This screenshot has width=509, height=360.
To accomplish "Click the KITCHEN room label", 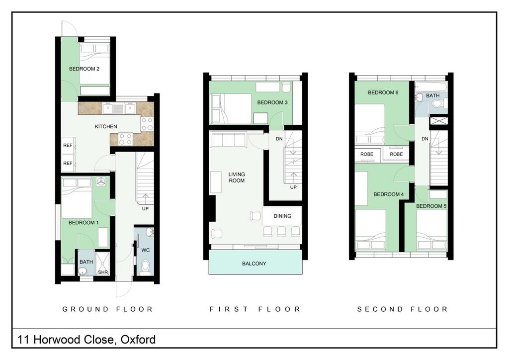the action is click(x=106, y=127).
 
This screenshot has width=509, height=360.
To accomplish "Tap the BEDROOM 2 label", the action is click(x=84, y=69).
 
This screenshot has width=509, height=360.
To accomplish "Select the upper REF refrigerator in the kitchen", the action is click(x=69, y=145).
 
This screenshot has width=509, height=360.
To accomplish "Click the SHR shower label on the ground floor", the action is click(x=103, y=272).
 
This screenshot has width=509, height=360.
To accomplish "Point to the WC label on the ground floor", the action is click(x=146, y=250).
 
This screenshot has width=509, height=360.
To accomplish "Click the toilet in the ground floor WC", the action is click(x=146, y=267).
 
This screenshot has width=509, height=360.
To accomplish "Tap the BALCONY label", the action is click(x=254, y=264).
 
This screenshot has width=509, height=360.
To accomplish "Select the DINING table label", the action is click(x=282, y=216).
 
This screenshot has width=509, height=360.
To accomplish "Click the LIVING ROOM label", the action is click(x=237, y=177).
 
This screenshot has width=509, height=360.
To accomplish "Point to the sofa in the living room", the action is click(x=229, y=139).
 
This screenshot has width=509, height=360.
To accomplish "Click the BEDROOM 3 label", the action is click(x=272, y=102).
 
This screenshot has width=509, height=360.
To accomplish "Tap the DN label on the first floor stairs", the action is click(x=279, y=139).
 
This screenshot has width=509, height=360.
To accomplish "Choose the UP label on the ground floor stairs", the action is click(x=145, y=209).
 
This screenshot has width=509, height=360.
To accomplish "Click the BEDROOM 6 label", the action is click(x=383, y=92).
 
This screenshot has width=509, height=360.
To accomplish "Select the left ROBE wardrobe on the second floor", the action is click(x=367, y=154).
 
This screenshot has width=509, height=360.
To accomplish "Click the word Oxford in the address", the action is click(x=138, y=340).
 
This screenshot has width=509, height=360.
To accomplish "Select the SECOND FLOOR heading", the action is click(x=403, y=309).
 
